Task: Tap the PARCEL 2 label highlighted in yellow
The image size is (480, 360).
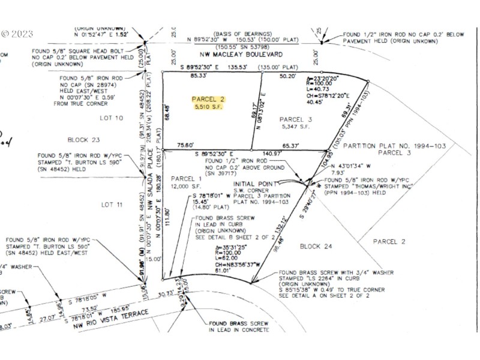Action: (x=208, y=99)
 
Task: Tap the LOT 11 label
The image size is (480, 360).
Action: (x=112, y=204)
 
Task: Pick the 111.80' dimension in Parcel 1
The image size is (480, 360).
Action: (x=176, y=221)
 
